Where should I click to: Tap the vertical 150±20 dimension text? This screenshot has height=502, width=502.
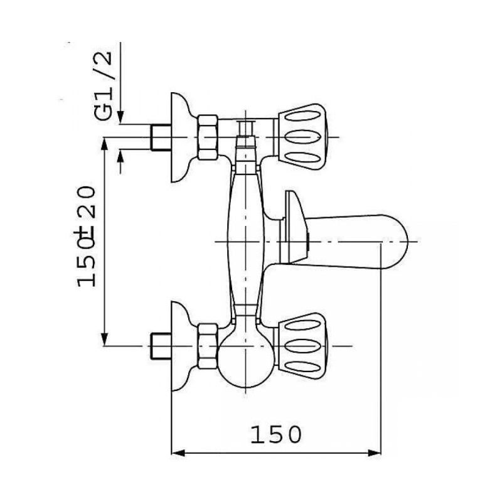87,237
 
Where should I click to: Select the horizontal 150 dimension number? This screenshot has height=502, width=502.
275,434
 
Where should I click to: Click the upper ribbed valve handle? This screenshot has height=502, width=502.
301,137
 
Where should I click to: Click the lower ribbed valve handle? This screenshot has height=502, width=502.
301,346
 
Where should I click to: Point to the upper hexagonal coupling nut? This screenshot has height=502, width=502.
208,137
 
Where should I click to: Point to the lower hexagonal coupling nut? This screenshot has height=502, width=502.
208,346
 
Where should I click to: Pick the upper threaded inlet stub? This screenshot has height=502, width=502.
160,137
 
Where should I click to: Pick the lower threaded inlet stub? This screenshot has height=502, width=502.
160,346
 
